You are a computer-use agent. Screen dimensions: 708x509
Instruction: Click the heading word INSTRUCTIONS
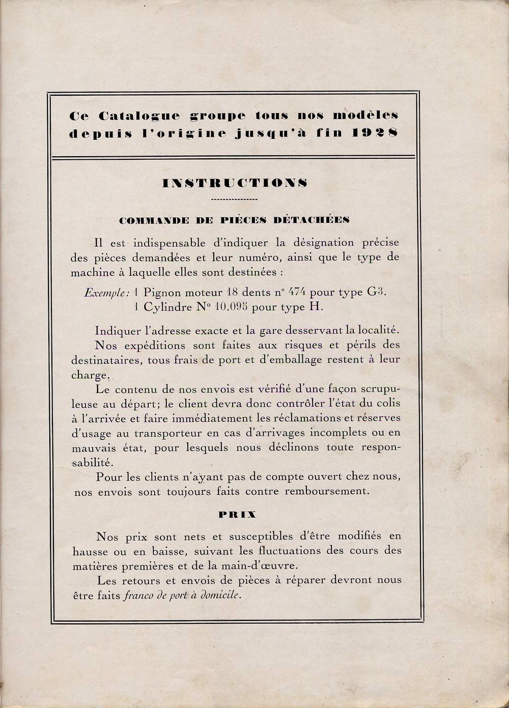coord(234,183)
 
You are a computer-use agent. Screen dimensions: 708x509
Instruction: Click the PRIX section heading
coord(237,515)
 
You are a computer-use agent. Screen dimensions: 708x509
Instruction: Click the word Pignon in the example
coord(163,293)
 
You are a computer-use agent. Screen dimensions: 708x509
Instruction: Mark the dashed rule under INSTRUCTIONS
coord(234,199)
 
